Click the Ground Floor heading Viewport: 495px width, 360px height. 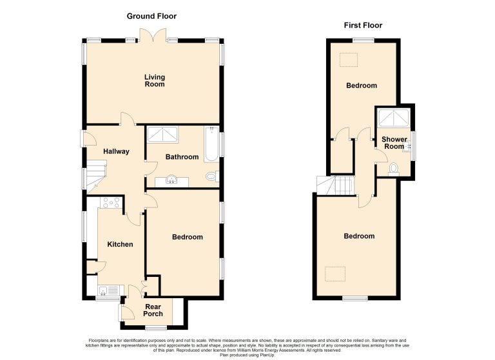point(151,16)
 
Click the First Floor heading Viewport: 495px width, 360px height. point(363,25)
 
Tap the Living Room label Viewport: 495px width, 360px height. point(155,81)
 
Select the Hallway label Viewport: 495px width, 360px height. point(116,151)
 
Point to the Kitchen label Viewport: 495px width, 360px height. point(120,244)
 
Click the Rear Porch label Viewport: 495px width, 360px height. point(153,310)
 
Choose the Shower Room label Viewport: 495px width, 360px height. point(394,142)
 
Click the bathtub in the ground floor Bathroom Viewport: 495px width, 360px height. point(211,144)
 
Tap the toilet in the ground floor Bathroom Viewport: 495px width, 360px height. point(213,176)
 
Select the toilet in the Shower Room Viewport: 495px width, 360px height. point(393,168)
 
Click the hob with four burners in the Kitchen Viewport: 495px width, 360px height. point(110,203)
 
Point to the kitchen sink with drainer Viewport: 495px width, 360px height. point(109,290)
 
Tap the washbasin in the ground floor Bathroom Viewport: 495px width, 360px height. point(171,180)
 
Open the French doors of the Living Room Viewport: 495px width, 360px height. point(153,35)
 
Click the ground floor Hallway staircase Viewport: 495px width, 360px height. point(95,176)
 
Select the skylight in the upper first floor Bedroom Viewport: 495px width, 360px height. point(349,60)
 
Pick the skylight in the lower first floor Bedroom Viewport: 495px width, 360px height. point(335,274)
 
